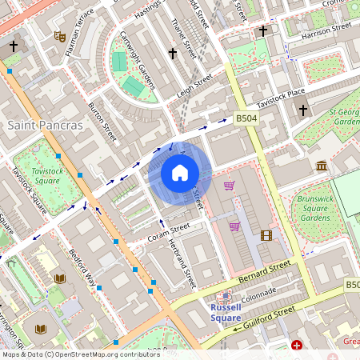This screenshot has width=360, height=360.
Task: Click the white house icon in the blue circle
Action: (x=179, y=173)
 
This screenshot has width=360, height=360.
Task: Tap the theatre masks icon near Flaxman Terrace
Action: (x=59, y=35)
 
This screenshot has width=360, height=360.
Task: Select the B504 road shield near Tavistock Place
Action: (x=246, y=118)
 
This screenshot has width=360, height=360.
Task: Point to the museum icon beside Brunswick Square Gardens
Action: (x=321, y=166)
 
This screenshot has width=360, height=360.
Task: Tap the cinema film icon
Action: (x=266, y=235)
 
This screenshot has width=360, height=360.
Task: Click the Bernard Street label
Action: (x=265, y=272)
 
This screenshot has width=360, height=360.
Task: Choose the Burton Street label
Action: (x=103, y=121)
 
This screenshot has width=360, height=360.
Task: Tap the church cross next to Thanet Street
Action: (x=172, y=54)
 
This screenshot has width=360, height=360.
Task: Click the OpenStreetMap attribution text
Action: (x=80, y=354)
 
